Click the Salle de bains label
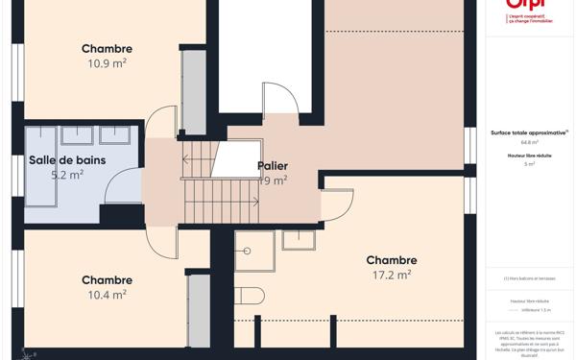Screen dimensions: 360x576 [67, 160]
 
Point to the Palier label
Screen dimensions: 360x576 [273, 166]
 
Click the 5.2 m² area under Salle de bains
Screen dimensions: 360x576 [67, 175]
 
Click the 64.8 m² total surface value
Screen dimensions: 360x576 [529, 142]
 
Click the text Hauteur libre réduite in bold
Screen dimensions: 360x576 [529, 155]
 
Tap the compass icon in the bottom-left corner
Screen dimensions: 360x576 [29, 353]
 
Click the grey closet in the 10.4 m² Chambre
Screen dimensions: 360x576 [199, 310]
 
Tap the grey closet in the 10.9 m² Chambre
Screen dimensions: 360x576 [194, 91]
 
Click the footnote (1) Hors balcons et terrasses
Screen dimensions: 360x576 [529, 278]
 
